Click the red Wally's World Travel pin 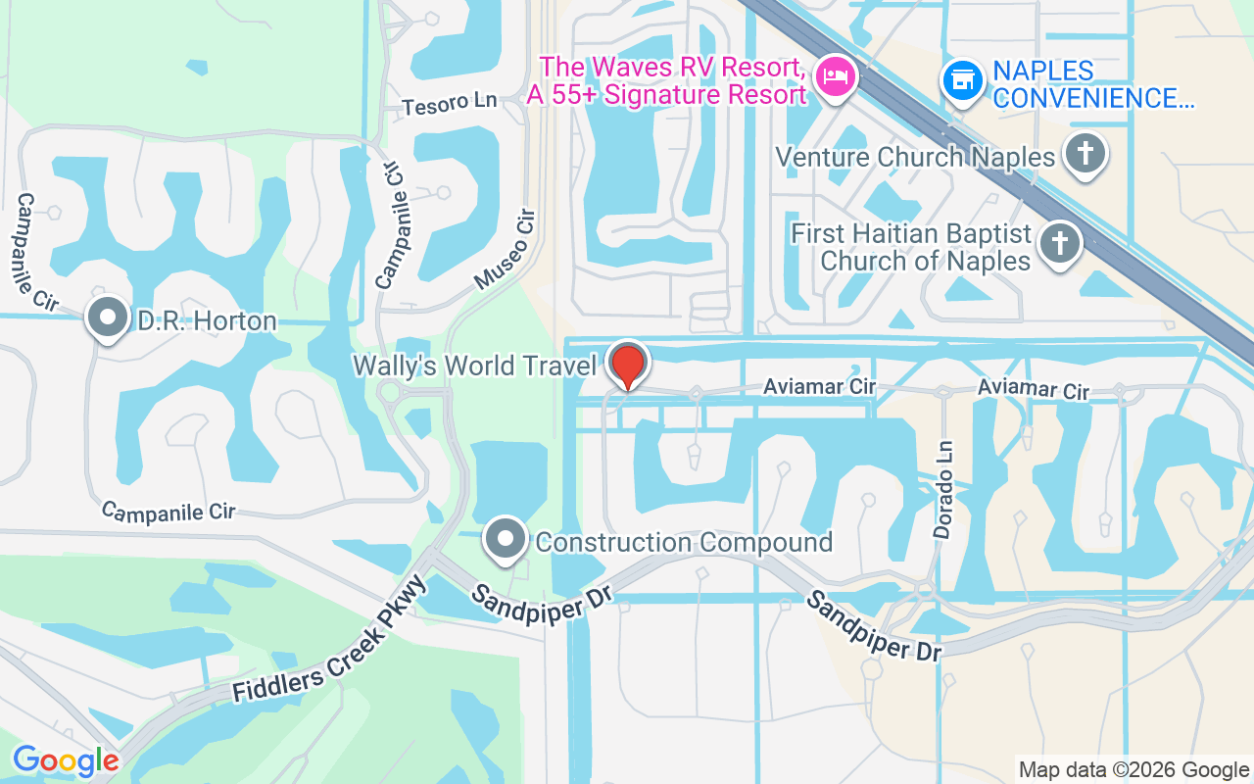[627, 364]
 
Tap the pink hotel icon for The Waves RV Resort [836, 75]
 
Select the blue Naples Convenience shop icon [963, 80]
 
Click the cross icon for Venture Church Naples [1085, 154]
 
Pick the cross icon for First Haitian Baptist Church [1058, 242]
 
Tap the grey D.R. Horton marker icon [107, 318]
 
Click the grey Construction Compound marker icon [506, 539]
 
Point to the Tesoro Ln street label [450, 102]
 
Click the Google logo [66, 760]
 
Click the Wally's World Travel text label [474, 367]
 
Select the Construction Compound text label [684, 542]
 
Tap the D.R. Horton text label [207, 320]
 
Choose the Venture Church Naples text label [915, 157]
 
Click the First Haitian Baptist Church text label [911, 248]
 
